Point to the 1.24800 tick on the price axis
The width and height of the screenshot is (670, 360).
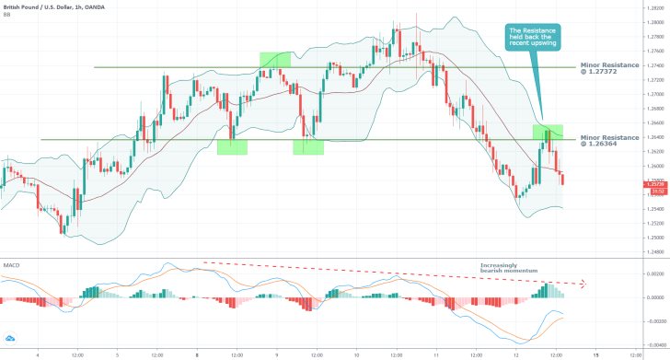click(653, 251)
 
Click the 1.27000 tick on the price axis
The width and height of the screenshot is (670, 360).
click(653, 95)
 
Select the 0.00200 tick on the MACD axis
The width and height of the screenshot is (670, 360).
click(653, 274)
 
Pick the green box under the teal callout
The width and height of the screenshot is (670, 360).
click(549, 133)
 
